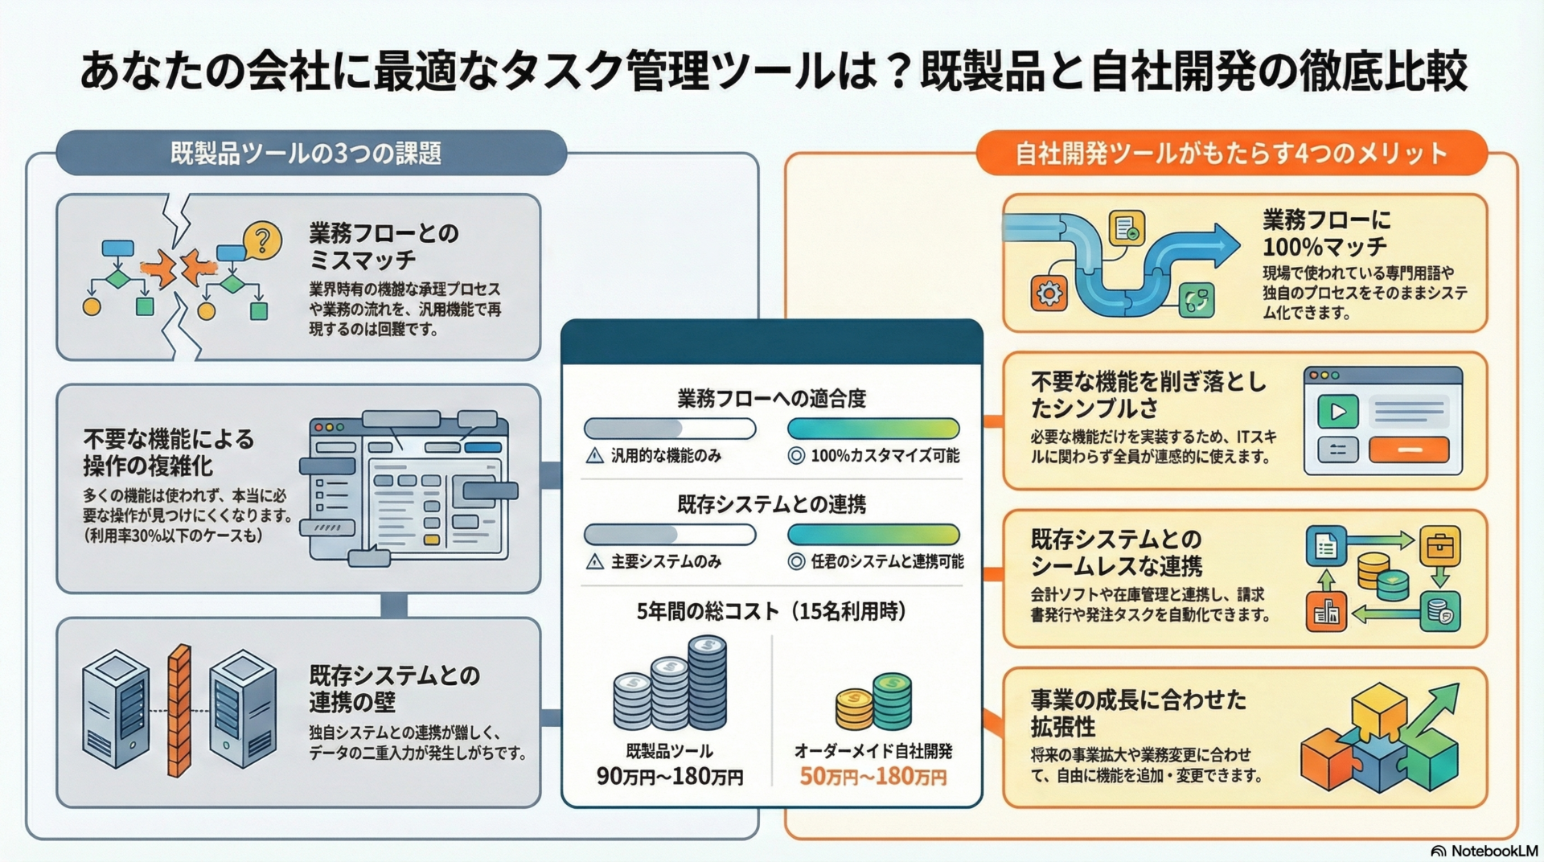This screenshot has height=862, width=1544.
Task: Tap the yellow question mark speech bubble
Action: click(x=261, y=240)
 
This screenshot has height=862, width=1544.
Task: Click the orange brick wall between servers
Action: click(x=179, y=711)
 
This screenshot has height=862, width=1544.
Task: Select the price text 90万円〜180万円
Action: click(x=670, y=777)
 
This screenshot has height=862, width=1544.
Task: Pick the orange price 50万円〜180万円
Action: click(x=873, y=777)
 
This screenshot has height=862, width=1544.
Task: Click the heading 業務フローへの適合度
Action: click(x=771, y=398)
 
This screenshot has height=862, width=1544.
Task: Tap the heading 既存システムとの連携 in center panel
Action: click(x=771, y=504)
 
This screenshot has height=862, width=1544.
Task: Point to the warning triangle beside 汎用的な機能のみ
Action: click(x=595, y=456)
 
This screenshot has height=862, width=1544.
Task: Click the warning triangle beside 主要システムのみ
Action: click(x=595, y=561)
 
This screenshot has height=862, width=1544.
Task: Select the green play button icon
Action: click(x=1337, y=412)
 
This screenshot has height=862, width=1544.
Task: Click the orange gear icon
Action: click(x=1049, y=293)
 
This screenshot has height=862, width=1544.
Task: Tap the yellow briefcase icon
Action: click(x=1439, y=547)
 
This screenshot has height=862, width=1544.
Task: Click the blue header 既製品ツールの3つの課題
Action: click(x=306, y=153)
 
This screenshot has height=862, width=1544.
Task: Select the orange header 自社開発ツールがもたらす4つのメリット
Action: click(x=1230, y=153)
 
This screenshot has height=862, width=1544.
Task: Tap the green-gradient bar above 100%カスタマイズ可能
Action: click(x=873, y=429)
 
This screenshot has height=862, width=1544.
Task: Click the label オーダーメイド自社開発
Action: click(x=873, y=751)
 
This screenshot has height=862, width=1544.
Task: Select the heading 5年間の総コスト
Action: click(x=771, y=612)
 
